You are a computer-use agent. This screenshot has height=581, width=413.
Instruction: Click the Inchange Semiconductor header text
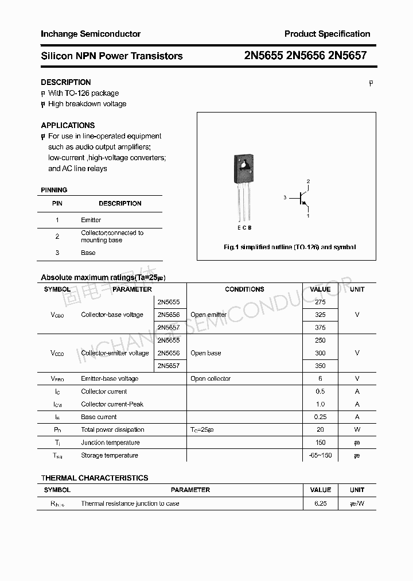point(91,34)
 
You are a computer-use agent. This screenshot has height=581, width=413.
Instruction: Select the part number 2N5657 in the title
point(348,56)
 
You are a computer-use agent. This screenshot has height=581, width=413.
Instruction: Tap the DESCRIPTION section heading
point(65,82)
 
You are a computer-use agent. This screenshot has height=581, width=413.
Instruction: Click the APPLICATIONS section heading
point(68,125)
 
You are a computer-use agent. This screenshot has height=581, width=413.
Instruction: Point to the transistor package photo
point(243,172)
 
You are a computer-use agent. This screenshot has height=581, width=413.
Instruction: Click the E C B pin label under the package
point(244,227)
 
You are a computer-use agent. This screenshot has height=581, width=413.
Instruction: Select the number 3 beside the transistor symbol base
point(285,197)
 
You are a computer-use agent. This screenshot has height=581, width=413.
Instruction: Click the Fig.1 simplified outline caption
point(289,247)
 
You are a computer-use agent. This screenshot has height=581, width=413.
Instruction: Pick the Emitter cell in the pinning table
point(91,220)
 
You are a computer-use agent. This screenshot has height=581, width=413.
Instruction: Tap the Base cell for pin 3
point(88,253)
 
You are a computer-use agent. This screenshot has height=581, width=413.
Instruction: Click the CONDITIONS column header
point(244,289)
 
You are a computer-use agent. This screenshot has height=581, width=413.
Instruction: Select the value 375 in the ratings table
point(320,327)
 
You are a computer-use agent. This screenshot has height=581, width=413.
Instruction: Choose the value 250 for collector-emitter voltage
point(320,340)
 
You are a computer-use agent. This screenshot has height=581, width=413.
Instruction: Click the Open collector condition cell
point(211,378)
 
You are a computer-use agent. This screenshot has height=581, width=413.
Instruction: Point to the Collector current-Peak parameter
point(112,404)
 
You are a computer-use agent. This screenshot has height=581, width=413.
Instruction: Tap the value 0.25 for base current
point(320,417)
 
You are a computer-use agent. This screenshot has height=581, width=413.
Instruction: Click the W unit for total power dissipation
point(357,429)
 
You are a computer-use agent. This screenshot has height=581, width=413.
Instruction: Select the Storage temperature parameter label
point(110,455)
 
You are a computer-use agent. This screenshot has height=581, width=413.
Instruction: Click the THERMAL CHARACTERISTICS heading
point(95,478)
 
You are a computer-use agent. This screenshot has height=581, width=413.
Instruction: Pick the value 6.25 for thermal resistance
point(320,503)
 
